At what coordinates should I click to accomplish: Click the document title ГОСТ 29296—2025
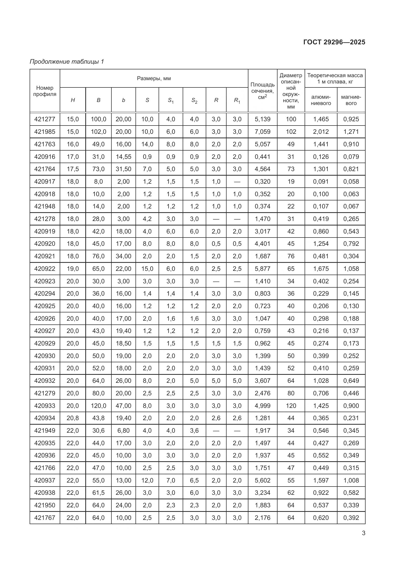click(334, 42)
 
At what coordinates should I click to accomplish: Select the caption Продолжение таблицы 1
click(67, 62)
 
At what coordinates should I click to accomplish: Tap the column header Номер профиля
click(45, 91)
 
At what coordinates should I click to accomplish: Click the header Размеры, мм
click(154, 78)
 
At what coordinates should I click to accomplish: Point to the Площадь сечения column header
click(262, 91)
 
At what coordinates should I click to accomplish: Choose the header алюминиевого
click(321, 100)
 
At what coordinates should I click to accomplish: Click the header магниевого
click(351, 100)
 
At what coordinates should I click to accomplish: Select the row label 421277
click(45, 119)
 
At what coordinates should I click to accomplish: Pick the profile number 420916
click(45, 157)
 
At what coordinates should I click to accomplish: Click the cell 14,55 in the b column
click(123, 157)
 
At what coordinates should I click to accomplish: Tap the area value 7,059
click(262, 132)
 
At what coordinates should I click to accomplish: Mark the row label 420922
click(45, 269)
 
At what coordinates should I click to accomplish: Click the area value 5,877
click(262, 269)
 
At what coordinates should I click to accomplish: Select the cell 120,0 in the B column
click(98, 406)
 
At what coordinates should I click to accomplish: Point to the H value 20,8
click(73, 418)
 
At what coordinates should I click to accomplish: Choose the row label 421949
click(45, 431)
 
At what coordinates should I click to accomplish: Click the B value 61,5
click(98, 493)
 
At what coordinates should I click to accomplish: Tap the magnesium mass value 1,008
click(351, 480)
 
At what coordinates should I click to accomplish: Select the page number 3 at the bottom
click(363, 533)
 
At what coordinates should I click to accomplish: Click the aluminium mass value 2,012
click(321, 132)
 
